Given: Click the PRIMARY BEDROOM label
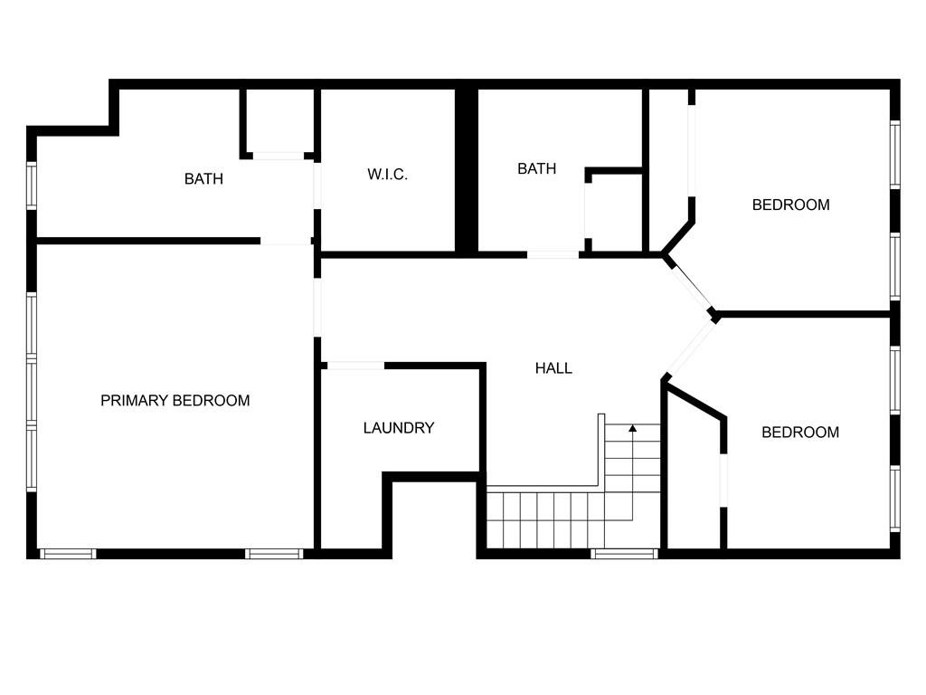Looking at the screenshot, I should [175, 400].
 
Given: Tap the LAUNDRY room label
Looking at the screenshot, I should [399, 428].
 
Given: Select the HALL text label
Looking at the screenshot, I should [553, 368].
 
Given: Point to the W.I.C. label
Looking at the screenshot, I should [387, 174].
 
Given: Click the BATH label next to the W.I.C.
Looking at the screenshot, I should [203, 178].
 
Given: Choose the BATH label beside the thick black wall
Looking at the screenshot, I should [536, 168].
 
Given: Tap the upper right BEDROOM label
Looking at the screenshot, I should [790, 205].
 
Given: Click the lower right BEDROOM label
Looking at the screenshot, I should [799, 432].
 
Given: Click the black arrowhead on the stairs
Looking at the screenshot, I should [633, 428].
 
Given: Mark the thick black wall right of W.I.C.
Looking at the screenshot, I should [466, 170].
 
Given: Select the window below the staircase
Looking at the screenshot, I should [624, 553].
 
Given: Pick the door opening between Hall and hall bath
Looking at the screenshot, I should [553, 255].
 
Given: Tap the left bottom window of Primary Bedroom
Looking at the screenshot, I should [68, 553].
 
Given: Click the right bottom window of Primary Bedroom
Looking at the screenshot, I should [273, 553].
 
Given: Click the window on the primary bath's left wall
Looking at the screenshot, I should [32, 186].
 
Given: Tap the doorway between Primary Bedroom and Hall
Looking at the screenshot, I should [317, 308].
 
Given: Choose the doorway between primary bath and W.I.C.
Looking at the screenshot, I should [317, 185].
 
